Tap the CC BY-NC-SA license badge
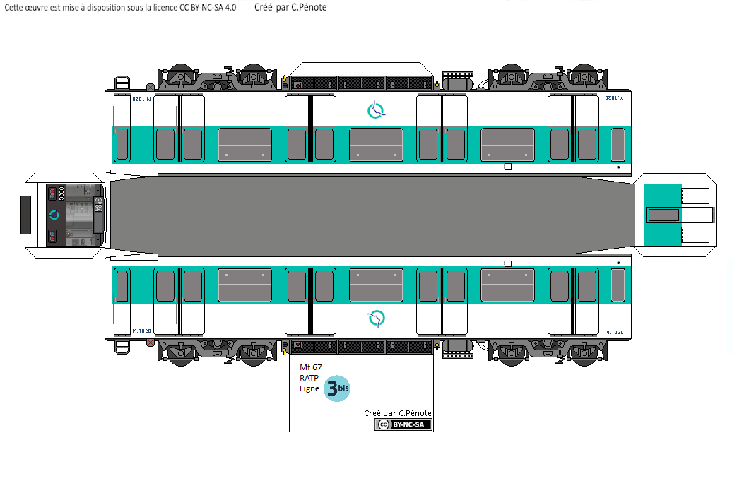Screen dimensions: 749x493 [403, 424]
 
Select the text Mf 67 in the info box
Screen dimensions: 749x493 [310, 367]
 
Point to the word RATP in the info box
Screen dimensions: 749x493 [309, 378]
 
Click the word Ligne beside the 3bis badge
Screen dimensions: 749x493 [309, 389]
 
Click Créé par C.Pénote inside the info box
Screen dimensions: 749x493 [397, 413]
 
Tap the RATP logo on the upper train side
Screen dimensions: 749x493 [376, 109]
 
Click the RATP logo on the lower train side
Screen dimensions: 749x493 [376, 319]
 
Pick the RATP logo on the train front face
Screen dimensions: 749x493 [54, 215]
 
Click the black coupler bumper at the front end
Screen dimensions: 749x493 [25, 215]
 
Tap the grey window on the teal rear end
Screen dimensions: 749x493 [664, 215]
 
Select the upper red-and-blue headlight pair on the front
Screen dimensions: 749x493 [52, 193]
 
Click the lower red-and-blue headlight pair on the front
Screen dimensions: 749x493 [52, 235]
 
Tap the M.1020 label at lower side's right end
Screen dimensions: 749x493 [614, 331]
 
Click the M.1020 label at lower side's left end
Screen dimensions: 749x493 [141, 331]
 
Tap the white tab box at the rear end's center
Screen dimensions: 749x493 [695, 215]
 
